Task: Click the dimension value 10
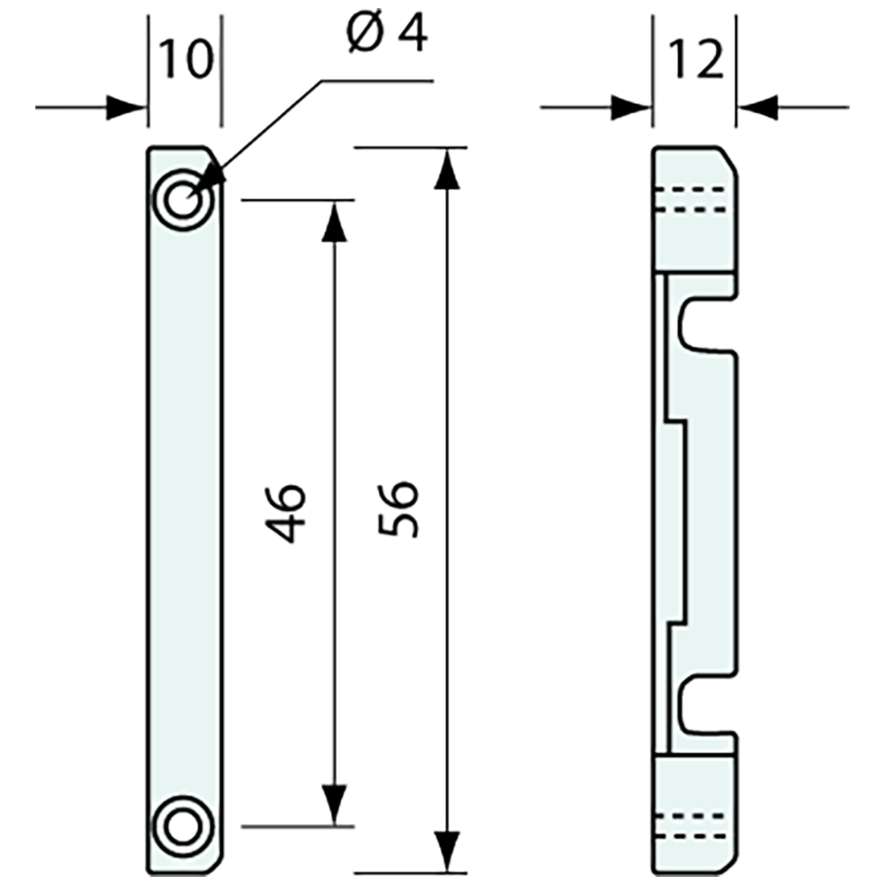click(185, 60)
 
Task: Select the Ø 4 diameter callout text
click(389, 36)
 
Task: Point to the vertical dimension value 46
click(287, 512)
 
